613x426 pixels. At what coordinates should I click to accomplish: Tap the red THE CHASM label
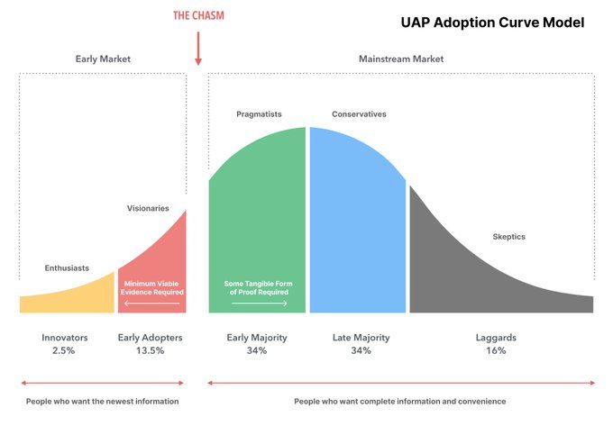pyautogui.click(x=197, y=15)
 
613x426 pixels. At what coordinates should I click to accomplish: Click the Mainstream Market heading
pyautogui.click(x=401, y=59)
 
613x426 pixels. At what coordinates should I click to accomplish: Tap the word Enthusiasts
pyautogui.click(x=68, y=268)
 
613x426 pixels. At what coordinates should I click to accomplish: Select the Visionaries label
pyautogui.click(x=148, y=208)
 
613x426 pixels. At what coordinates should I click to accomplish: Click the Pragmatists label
pyautogui.click(x=258, y=114)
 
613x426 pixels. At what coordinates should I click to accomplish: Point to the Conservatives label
pyautogui.click(x=359, y=114)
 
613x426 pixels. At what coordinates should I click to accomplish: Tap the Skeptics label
pyautogui.click(x=508, y=237)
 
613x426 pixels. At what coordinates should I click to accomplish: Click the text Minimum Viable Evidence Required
pyautogui.click(x=153, y=288)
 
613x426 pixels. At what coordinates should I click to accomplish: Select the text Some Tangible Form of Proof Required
pyautogui.click(x=257, y=288)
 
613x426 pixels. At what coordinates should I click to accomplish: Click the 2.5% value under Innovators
pyautogui.click(x=65, y=351)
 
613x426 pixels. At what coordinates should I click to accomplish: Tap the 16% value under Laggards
pyautogui.click(x=497, y=351)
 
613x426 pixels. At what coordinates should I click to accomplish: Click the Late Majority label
pyautogui.click(x=361, y=338)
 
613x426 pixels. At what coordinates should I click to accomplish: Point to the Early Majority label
pyautogui.click(x=256, y=338)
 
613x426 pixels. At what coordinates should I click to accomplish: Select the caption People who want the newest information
pyautogui.click(x=102, y=401)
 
